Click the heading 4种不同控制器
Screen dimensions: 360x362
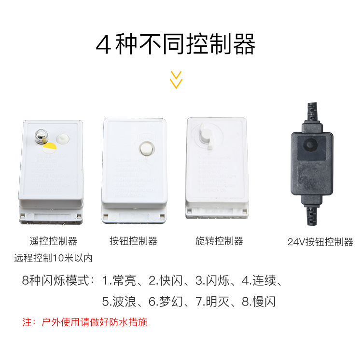point(176,44)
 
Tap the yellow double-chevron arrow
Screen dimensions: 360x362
point(177,80)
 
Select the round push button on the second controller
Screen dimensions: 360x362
point(145,149)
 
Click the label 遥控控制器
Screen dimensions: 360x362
point(53,241)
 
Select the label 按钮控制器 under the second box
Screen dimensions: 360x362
point(133,241)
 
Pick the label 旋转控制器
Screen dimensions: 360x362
point(219,241)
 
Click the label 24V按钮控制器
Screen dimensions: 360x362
point(320,242)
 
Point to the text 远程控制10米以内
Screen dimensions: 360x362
point(53,258)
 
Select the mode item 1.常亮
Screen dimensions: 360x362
point(119,281)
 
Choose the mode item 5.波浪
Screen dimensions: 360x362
point(119,302)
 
